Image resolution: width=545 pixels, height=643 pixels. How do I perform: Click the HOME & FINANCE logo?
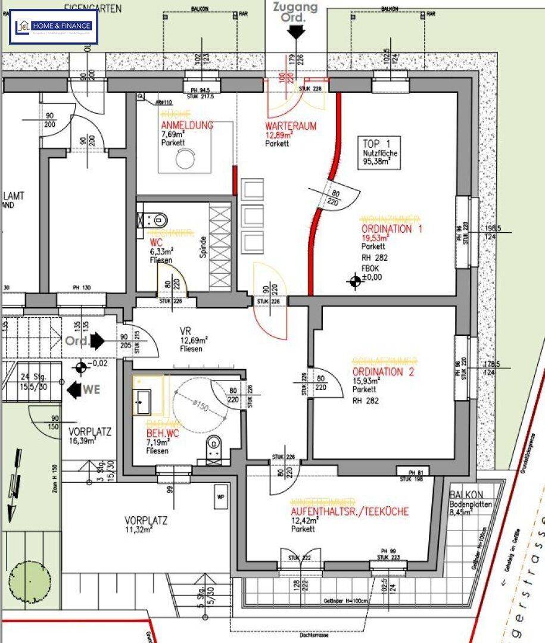click(54, 27)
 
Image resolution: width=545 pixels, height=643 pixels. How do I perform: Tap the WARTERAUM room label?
click(291, 126)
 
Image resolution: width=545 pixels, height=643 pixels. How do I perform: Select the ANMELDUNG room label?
click(187, 125)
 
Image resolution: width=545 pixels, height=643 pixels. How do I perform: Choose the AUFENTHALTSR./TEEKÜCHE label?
click(350, 511)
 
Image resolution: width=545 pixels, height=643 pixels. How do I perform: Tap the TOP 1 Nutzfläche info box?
click(381, 154)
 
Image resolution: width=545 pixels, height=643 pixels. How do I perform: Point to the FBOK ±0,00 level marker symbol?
click(355, 281)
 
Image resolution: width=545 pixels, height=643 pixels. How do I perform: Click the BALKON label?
click(466, 495)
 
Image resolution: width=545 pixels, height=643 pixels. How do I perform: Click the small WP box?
click(221, 495)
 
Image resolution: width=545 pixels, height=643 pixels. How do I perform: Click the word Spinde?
click(203, 246)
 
